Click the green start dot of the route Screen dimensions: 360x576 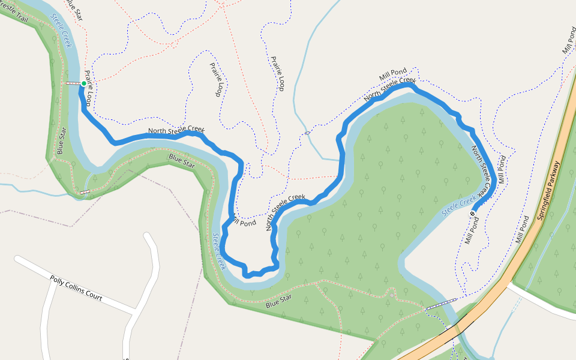tap(84, 83)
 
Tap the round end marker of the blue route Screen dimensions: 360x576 tap(472, 214)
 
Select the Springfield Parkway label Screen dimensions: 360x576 tap(548, 190)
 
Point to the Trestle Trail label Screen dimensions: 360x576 tap(14, 13)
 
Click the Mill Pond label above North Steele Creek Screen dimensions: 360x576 tap(392, 76)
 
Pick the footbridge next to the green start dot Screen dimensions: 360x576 tap(72, 83)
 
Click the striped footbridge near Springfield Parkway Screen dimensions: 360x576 tap(441, 304)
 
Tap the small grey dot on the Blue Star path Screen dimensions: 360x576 tap(391, 295)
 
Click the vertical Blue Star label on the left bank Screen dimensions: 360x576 tap(61, 141)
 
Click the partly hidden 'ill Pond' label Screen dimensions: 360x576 tap(244, 221)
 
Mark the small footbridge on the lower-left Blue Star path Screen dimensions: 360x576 tap(85, 192)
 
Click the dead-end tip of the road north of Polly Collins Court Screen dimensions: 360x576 tap(148, 235)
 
